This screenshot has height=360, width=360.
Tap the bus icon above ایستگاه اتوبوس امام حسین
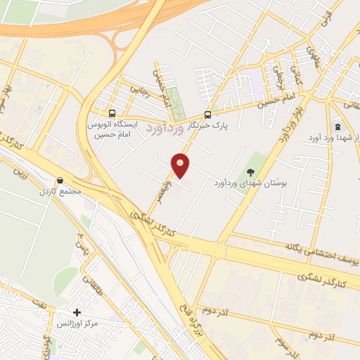tap(112, 113)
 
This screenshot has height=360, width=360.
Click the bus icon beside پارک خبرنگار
tap(207, 115)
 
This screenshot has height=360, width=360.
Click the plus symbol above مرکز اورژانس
tap(77, 312)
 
